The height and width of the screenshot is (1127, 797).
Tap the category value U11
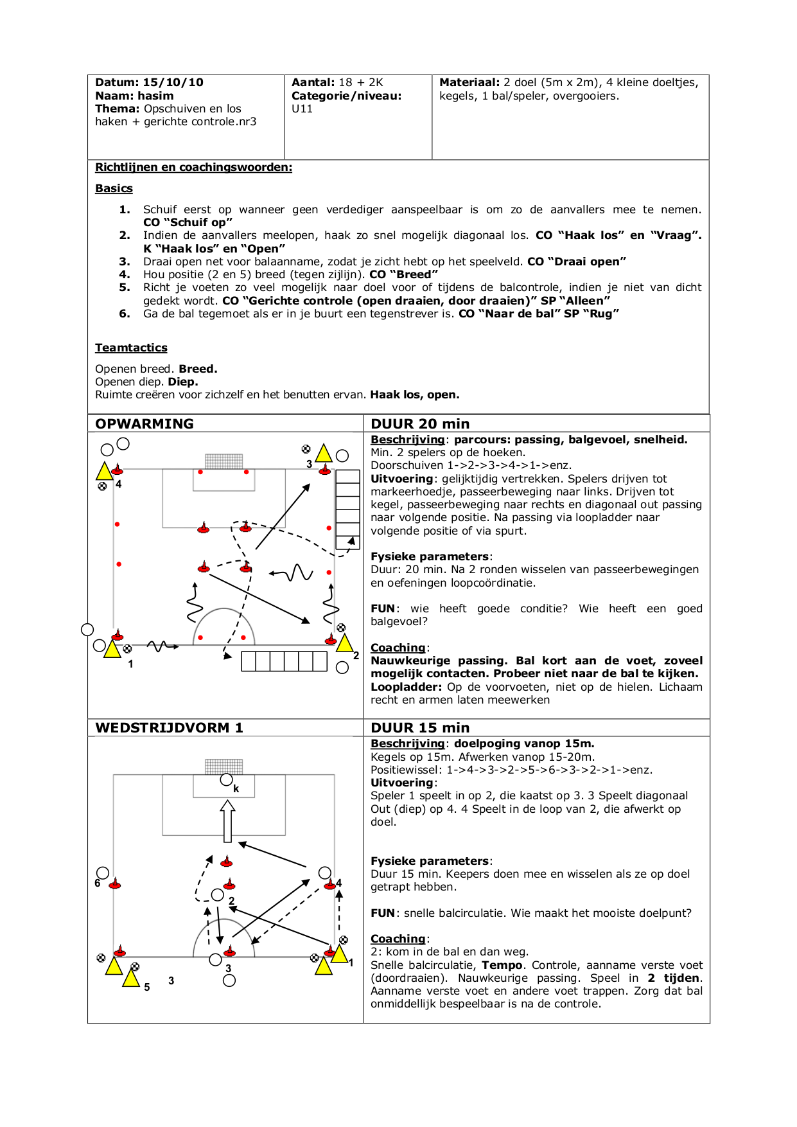tap(302, 109)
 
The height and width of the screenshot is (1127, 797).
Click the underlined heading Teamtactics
tap(131, 348)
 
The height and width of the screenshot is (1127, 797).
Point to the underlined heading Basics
tap(114, 188)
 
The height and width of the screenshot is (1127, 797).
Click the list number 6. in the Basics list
tap(125, 314)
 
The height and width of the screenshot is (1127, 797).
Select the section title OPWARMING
tap(145, 423)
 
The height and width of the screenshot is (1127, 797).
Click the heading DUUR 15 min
tap(420, 727)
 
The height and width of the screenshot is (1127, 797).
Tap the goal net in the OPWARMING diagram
tap(223, 461)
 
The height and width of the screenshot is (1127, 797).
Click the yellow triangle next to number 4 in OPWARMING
tap(104, 472)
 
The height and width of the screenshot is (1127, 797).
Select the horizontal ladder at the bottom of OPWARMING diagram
tap(284, 661)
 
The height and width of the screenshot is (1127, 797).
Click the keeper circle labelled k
tap(226, 780)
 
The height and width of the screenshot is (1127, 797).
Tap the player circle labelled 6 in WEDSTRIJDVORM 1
tap(103, 873)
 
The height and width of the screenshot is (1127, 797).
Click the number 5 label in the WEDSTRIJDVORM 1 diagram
tap(147, 987)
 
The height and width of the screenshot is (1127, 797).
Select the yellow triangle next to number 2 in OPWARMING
tap(345, 643)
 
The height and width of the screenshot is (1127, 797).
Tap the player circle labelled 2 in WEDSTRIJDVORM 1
tap(218, 894)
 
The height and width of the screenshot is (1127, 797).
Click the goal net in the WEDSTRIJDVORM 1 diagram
tap(223, 766)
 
